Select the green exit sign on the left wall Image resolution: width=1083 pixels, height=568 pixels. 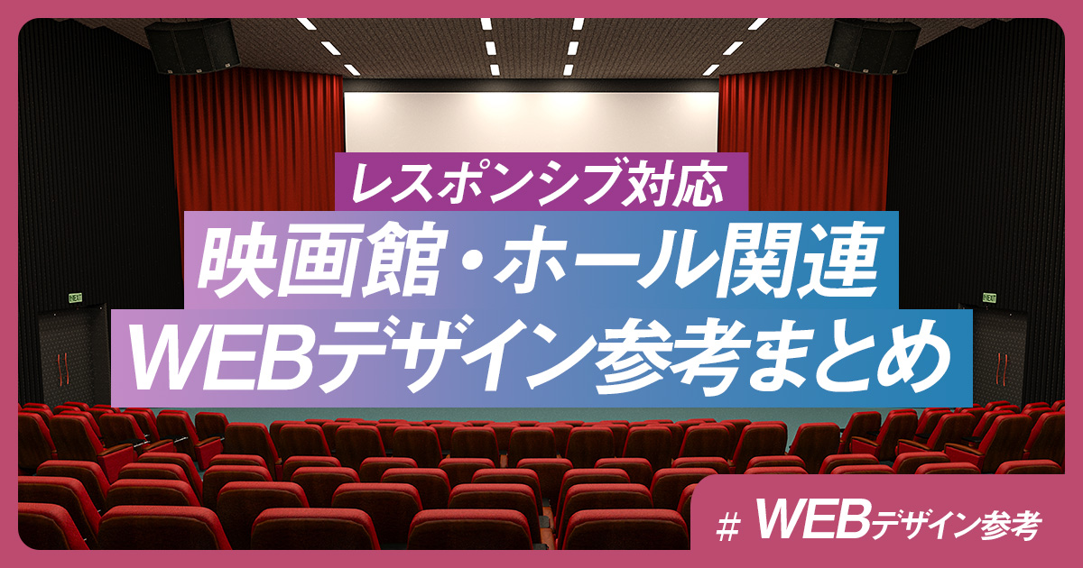coord(76,298)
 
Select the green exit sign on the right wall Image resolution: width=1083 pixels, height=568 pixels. coord(989,298)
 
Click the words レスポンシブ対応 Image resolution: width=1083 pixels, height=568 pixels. coord(538,183)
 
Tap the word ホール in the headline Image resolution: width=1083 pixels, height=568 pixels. coord(600,261)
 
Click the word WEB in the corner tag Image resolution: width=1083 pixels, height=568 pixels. coord(812,523)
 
